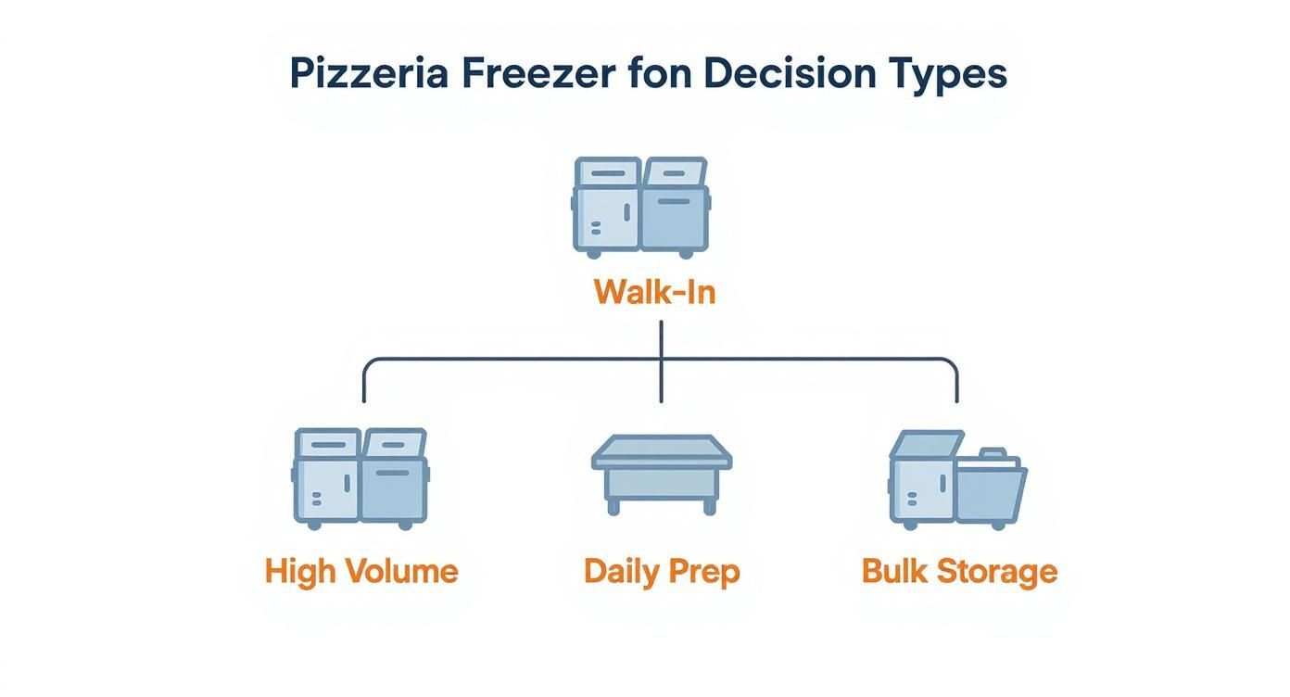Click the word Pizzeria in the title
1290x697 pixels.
coord(369,73)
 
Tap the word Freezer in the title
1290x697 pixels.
coord(537,73)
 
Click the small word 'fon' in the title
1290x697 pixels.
coord(660,73)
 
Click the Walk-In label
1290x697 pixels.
coord(654,293)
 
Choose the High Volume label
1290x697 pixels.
coord(361,571)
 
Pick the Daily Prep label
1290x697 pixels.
coord(662,571)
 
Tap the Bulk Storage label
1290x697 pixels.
coord(959,571)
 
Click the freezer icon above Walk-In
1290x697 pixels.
coord(641,207)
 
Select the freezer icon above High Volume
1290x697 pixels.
coord(360,478)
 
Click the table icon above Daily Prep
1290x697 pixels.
coord(662,473)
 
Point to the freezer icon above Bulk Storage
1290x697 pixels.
coord(957,478)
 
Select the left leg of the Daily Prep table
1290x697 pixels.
coord(613,504)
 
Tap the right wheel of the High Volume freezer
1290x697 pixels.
coord(405,525)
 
